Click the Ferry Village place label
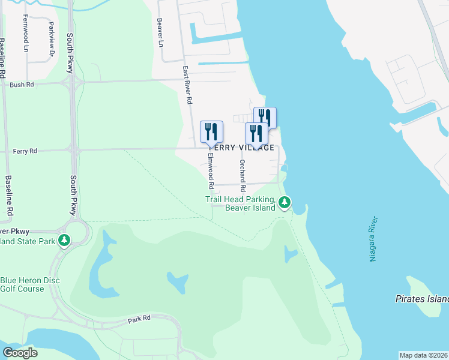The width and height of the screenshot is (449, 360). (241, 148)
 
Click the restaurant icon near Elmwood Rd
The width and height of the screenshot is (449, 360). (211, 131)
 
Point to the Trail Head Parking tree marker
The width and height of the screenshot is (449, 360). (285, 203)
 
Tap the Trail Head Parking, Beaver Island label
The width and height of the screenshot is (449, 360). (240, 203)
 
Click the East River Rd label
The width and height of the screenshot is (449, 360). (188, 85)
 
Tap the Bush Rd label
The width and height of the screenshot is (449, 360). (22, 85)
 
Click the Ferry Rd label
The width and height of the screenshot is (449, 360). (25, 151)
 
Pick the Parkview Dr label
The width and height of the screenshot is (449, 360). (52, 40)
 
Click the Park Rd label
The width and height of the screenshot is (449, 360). (139, 319)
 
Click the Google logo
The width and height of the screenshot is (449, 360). (20, 353)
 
